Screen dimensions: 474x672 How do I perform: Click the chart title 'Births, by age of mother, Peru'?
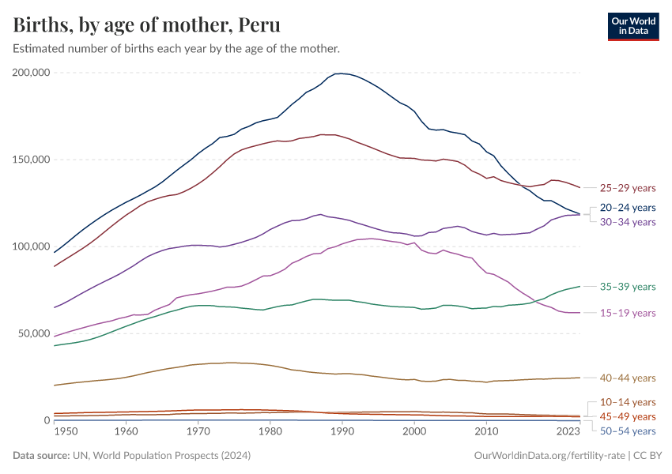click(x=147, y=25)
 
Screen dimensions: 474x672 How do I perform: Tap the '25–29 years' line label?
click(x=628, y=189)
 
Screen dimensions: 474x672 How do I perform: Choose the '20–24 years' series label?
click(x=628, y=208)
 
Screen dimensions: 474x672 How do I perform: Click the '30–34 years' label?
click(x=628, y=222)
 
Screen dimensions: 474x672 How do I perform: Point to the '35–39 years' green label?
click(x=628, y=287)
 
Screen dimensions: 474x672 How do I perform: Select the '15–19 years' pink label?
click(x=628, y=314)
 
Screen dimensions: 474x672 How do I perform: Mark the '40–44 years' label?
click(x=628, y=378)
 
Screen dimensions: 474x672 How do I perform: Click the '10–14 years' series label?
click(x=628, y=402)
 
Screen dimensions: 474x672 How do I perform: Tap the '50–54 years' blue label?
click(x=628, y=431)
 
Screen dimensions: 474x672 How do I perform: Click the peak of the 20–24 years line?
click(x=340, y=73)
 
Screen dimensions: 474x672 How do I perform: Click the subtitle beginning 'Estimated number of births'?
click(x=176, y=49)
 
